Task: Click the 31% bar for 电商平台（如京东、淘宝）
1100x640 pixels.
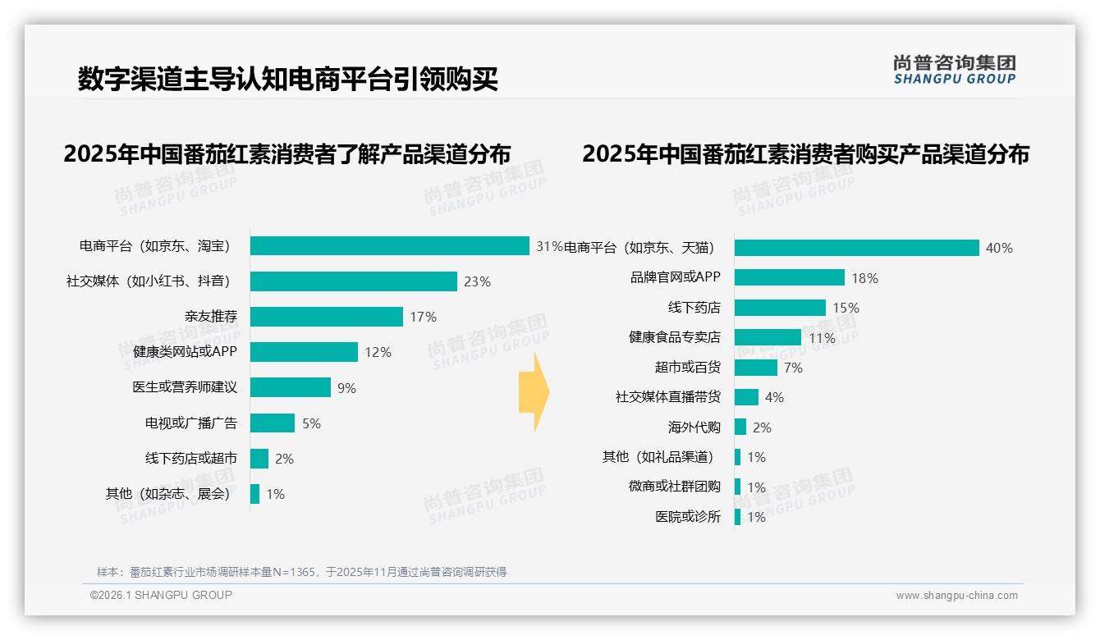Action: tap(389, 246)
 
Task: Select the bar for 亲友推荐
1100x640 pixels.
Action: tap(327, 317)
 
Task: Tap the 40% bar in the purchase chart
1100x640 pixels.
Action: tap(856, 248)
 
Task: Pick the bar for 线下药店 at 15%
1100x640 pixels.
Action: tap(780, 308)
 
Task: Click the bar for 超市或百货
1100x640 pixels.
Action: tap(755, 368)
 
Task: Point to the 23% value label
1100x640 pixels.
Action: tap(477, 281)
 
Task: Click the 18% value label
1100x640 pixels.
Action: tap(864, 278)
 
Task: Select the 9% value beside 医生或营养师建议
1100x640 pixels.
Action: tap(346, 388)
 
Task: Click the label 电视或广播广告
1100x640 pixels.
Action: tap(190, 423)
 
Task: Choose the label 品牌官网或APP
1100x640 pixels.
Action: tap(675, 277)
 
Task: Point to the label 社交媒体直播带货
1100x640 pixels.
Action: tap(667, 397)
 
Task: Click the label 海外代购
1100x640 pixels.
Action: tap(694, 427)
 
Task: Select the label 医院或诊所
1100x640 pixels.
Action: tap(687, 517)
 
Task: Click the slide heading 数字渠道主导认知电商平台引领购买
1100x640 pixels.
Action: tap(288, 80)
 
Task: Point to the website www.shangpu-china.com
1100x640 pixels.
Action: tap(956, 596)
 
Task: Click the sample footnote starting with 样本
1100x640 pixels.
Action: tap(301, 572)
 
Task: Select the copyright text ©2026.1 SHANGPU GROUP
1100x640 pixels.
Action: tap(161, 595)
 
